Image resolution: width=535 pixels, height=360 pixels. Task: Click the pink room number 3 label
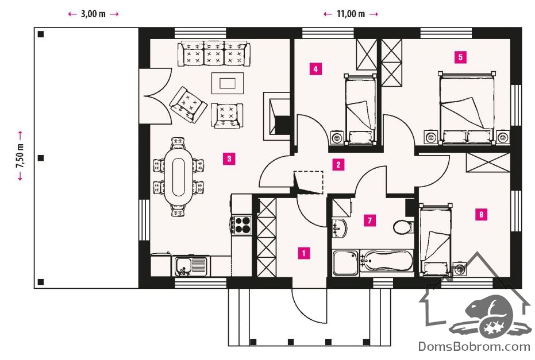click(229, 158)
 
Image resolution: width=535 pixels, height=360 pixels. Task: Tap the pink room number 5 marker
click(460, 57)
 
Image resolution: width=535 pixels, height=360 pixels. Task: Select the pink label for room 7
click(370, 220)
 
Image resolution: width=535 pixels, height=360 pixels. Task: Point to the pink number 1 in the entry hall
click(303, 253)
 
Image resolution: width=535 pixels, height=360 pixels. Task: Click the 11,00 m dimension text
click(351, 14)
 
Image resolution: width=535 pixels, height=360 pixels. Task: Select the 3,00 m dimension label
click(93, 14)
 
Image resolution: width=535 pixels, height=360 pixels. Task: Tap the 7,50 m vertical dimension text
click(20, 156)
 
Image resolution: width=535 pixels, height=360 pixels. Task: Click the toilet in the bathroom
click(403, 227)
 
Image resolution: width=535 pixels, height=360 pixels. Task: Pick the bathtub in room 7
click(387, 261)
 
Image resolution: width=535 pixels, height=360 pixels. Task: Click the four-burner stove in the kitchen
click(241, 224)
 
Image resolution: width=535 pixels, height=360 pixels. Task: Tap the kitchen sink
click(191, 266)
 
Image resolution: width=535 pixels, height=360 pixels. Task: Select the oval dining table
click(179, 176)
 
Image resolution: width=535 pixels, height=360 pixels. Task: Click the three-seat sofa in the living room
click(214, 53)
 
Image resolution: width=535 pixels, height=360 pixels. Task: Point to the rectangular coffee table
click(228, 83)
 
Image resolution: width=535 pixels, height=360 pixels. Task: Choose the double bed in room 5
click(467, 109)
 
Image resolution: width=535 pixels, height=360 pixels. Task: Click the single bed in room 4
click(360, 109)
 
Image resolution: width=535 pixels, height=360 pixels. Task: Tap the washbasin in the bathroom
click(340, 228)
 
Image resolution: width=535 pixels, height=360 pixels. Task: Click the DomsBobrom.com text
click(474, 346)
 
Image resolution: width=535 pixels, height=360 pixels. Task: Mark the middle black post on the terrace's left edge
click(41, 158)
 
